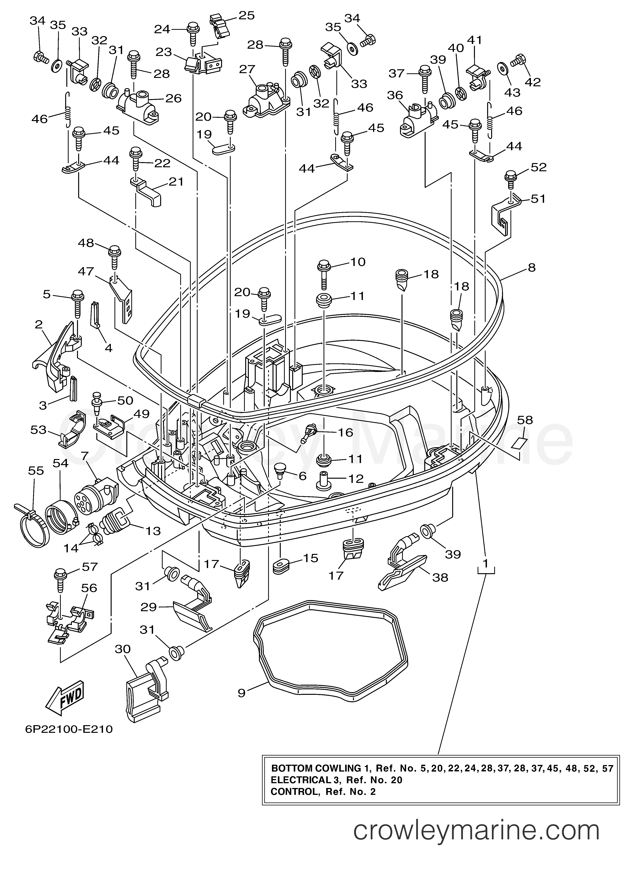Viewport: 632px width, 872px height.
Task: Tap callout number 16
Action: click(x=345, y=432)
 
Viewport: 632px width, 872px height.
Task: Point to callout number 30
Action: click(x=123, y=649)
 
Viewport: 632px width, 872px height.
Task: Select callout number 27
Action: click(x=247, y=70)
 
